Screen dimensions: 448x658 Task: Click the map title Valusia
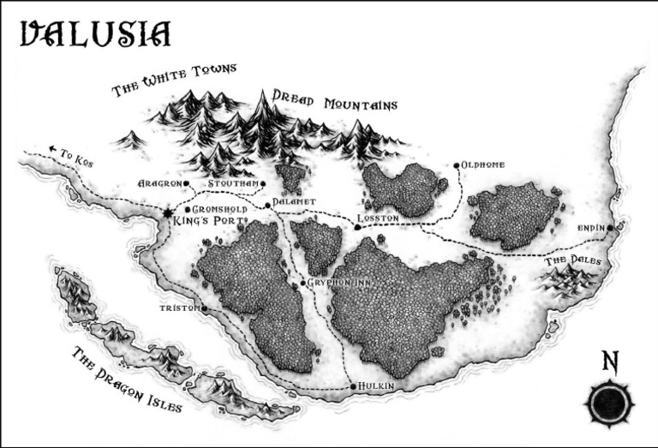click(95, 34)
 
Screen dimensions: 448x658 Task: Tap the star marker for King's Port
click(168, 212)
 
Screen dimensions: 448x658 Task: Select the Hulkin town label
click(378, 387)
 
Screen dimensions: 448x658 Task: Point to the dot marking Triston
click(204, 308)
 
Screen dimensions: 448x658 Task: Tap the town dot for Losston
click(357, 227)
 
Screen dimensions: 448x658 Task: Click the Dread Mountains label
click(335, 101)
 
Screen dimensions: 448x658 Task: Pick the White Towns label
click(174, 80)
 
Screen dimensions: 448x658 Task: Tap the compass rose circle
click(608, 403)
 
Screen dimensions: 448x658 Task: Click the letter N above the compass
click(609, 361)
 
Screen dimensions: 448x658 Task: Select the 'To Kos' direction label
click(72, 153)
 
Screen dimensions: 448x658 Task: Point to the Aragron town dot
click(186, 183)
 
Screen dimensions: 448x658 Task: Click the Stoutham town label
click(233, 183)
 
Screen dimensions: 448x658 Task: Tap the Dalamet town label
click(295, 202)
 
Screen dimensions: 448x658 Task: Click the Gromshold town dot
click(187, 209)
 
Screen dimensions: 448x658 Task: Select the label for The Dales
click(573, 260)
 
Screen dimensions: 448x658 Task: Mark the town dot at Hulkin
click(353, 387)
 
